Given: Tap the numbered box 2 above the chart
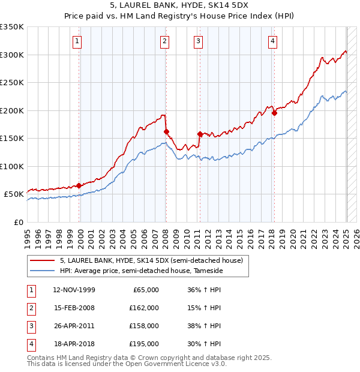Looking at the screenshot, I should [x=164, y=41].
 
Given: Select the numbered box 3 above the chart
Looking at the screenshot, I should [x=198, y=41].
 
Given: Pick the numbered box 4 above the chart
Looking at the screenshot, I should [x=272, y=41].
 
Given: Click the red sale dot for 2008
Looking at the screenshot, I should [x=166, y=131].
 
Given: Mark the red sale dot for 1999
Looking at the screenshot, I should [x=79, y=185].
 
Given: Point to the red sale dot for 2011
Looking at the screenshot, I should [x=200, y=134].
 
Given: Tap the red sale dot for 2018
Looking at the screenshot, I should [x=274, y=113].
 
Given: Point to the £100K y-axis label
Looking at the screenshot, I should [x=11, y=166].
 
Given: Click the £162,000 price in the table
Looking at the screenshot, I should [x=144, y=308].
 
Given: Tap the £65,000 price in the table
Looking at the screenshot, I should [x=146, y=290].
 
